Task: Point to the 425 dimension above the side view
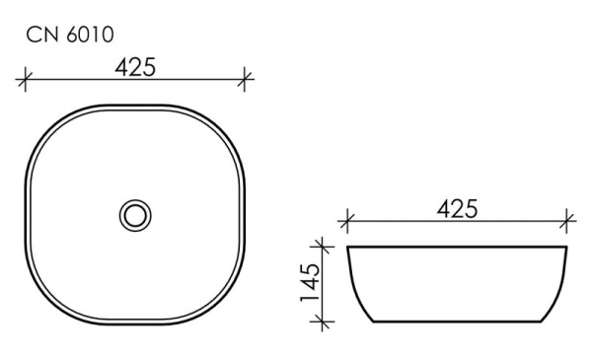[x=457, y=208]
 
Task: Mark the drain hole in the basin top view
[x=135, y=214]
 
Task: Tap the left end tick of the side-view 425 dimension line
[x=345, y=218]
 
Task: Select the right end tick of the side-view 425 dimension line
[x=568, y=218]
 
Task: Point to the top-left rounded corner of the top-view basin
[x=43, y=123]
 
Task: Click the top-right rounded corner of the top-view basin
[x=227, y=123]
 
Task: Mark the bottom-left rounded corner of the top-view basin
[x=43, y=305]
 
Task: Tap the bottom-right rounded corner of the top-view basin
[x=227, y=305]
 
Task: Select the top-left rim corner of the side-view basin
[x=348, y=247]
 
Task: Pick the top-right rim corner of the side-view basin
[x=567, y=247]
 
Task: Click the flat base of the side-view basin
[x=457, y=322]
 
